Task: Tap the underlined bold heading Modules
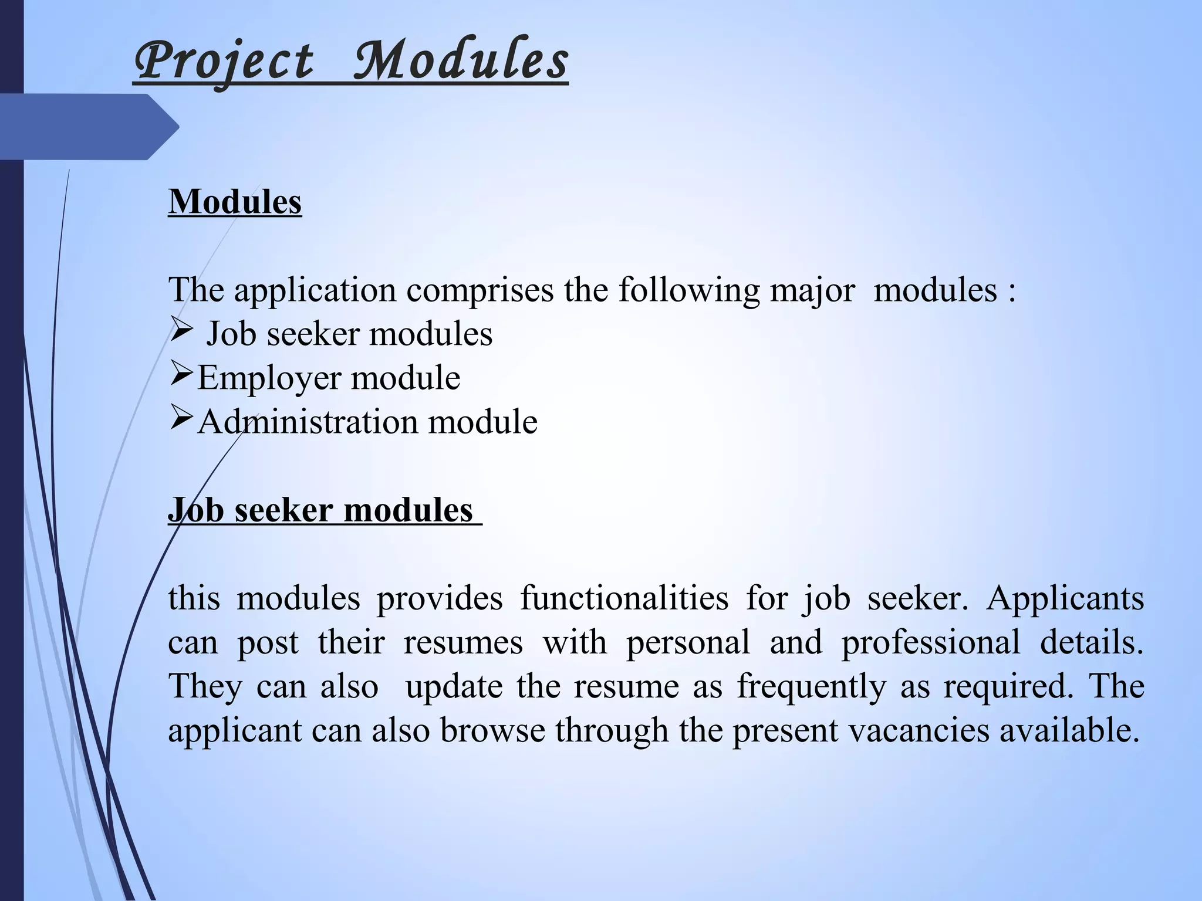[x=235, y=202]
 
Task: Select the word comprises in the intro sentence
[x=480, y=290]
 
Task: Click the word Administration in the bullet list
[x=308, y=422]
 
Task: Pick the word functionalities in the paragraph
[x=624, y=599]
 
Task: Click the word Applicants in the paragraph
[x=1065, y=599]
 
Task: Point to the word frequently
[x=811, y=687]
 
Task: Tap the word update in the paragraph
[x=454, y=687]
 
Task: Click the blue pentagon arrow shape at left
[x=88, y=127]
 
